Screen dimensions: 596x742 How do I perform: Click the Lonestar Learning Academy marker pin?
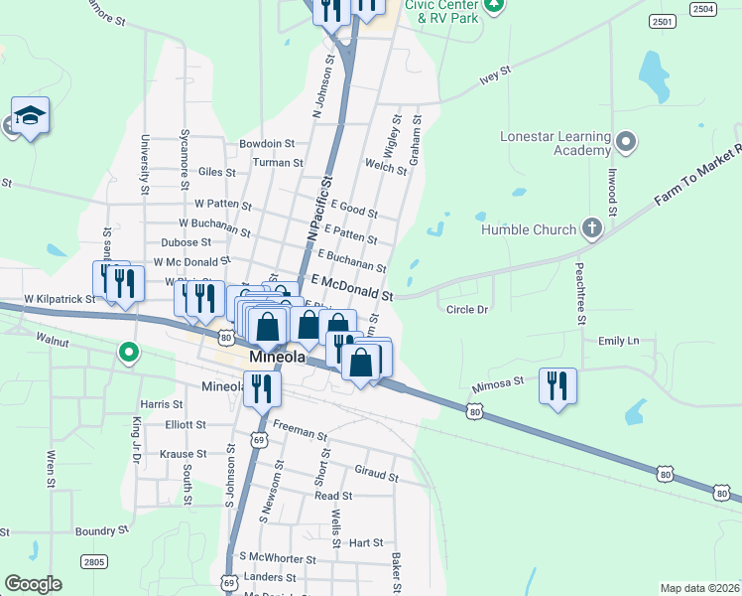click(625, 142)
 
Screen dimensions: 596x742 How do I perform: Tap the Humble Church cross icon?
click(591, 229)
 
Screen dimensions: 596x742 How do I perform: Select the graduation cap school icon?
click(31, 116)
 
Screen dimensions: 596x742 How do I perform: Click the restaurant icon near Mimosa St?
click(557, 384)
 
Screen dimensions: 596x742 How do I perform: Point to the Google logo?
click(33, 583)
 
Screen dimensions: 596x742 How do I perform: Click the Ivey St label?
click(494, 72)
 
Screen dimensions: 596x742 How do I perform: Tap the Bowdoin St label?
click(267, 144)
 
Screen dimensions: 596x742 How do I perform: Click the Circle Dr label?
click(467, 310)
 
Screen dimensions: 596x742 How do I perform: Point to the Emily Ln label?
click(618, 341)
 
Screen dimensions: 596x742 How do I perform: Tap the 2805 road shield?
click(93, 562)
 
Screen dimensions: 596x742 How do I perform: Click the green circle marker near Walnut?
click(128, 352)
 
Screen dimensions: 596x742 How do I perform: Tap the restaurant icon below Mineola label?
click(261, 388)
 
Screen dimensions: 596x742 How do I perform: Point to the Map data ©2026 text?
click(699, 588)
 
